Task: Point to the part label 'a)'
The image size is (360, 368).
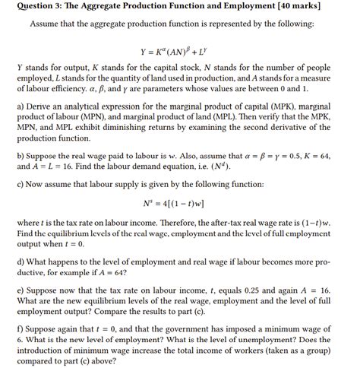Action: [x=21, y=108]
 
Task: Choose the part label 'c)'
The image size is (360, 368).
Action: [x=21, y=183]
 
